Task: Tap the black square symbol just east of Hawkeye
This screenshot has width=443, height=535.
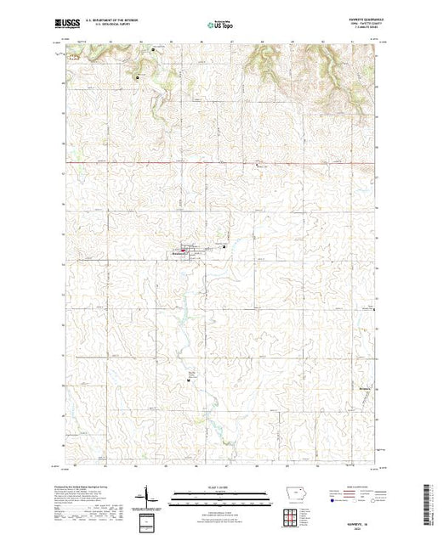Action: tap(224, 246)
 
